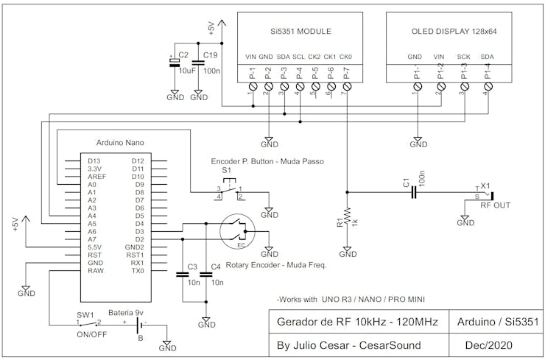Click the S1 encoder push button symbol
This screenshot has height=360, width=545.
(229, 191)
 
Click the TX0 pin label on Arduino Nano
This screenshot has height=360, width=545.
(137, 271)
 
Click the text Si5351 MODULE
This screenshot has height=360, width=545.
(298, 32)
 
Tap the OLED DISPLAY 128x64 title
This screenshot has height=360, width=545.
(453, 32)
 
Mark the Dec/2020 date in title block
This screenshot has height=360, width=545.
(490, 345)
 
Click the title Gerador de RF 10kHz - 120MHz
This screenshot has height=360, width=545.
(356, 322)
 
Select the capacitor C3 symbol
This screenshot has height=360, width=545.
(183, 275)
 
